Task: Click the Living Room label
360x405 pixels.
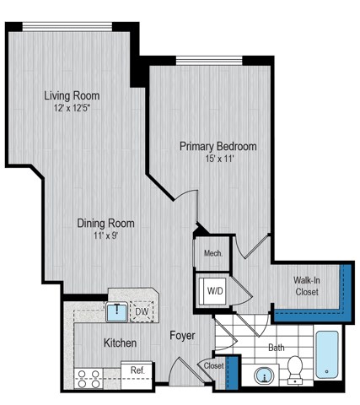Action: tap(73, 95)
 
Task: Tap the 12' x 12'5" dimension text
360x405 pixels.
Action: tap(73, 108)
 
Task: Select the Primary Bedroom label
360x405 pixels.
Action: tap(218, 146)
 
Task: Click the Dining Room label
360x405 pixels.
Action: tap(106, 223)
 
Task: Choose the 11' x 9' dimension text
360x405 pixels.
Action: tap(106, 235)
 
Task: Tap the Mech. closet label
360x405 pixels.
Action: tap(211, 251)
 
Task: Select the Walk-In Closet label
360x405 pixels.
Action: tap(306, 286)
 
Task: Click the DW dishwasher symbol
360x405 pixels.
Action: tap(142, 311)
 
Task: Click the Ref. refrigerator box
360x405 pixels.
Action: tap(136, 369)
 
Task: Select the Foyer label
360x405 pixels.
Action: tap(181, 336)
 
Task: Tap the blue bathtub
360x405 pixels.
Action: tap(327, 355)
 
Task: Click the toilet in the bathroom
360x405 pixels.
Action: tap(295, 368)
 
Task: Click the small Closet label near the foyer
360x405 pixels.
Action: tap(213, 365)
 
